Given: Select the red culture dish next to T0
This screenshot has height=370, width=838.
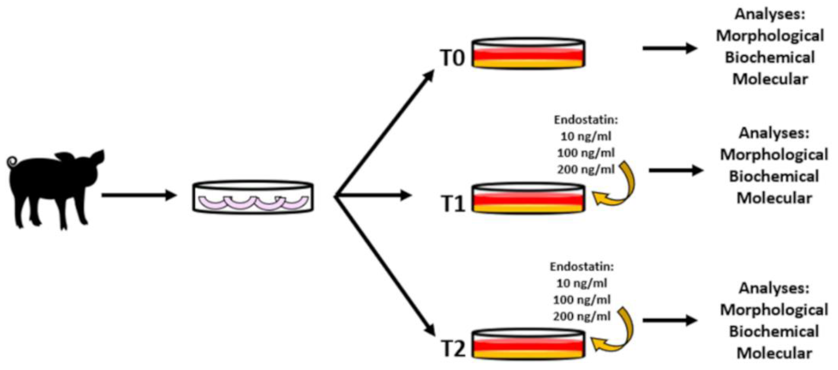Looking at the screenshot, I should point(528,54).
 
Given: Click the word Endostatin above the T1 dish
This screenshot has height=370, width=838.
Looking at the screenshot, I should point(586,120).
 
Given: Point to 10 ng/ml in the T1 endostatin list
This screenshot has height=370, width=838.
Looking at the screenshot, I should point(586,136).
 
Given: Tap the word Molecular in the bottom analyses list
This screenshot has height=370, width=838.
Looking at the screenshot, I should point(774,354).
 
